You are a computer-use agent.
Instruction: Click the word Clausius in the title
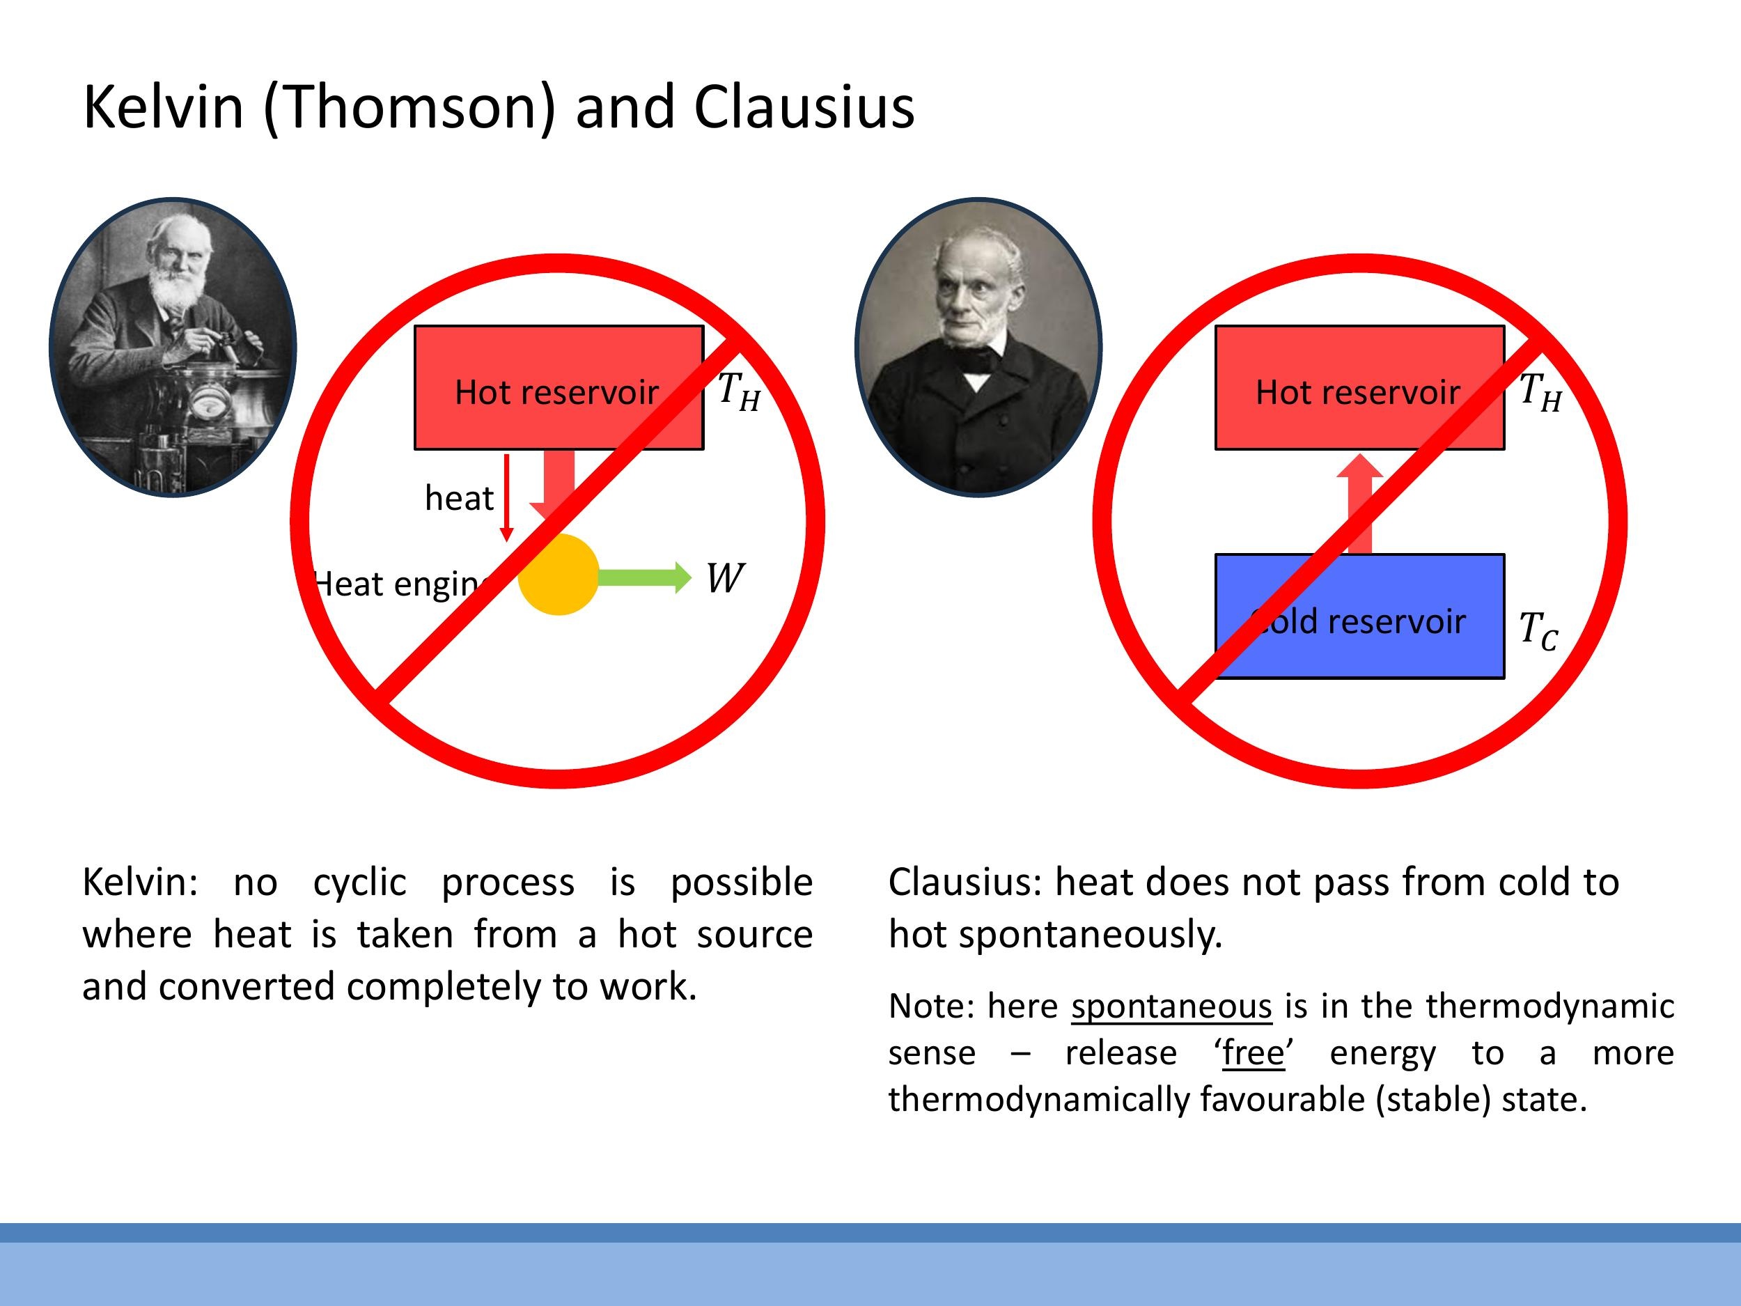pos(804,107)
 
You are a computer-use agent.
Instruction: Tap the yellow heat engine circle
pos(558,575)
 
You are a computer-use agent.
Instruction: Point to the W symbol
pos(724,579)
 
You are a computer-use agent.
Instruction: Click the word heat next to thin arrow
pos(459,498)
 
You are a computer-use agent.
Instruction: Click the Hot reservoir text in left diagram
pos(556,392)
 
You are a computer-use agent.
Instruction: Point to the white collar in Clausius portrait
pos(977,382)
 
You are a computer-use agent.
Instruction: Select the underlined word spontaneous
pos(1171,1006)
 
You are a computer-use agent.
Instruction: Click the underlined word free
pos(1253,1052)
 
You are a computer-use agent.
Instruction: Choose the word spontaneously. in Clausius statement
pos(1090,935)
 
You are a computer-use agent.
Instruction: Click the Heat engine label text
pos(398,584)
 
